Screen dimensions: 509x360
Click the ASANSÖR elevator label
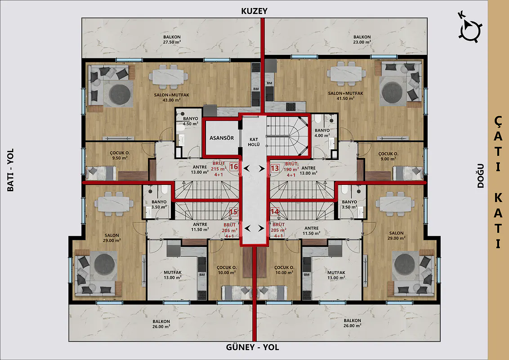tap(221, 138)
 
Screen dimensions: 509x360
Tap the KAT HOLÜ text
tap(254, 142)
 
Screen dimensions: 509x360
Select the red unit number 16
tap(234, 167)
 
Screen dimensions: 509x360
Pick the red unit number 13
tap(275, 168)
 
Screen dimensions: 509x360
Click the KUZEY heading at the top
tap(254, 11)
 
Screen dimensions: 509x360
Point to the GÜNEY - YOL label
tap(252, 347)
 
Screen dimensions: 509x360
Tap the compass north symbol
tap(469, 29)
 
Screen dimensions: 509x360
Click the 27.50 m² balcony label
tap(172, 40)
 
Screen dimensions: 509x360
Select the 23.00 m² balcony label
tap(362, 40)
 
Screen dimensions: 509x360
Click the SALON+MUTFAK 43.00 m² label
tap(171, 98)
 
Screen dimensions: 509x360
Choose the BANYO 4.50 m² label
tap(191, 121)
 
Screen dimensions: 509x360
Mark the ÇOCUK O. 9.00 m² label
tap(388, 156)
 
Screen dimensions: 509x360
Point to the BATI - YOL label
tap(11, 170)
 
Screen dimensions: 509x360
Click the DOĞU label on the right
tap(481, 176)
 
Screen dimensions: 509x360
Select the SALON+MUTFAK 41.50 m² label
tap(345, 95)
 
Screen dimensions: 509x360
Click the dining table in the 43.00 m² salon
tap(168, 76)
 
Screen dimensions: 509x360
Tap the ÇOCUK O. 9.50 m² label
tap(120, 155)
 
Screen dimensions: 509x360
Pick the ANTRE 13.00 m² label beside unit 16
tap(200, 170)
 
